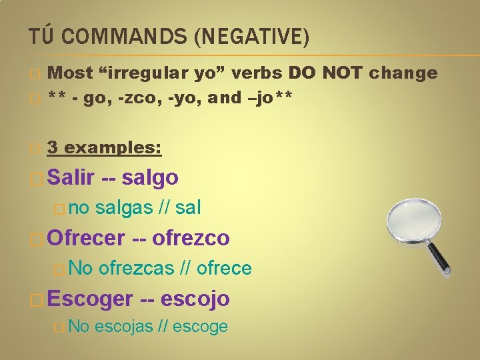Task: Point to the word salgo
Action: tap(151, 178)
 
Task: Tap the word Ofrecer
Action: tap(87, 237)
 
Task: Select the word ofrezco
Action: tap(191, 237)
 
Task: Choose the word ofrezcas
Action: tap(137, 268)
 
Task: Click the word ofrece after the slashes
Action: tap(225, 268)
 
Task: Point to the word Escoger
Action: tap(91, 298)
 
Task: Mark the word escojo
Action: tap(198, 298)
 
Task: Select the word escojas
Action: tap(124, 327)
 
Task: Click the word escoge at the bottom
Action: tap(201, 327)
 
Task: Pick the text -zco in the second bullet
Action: tap(133, 97)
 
